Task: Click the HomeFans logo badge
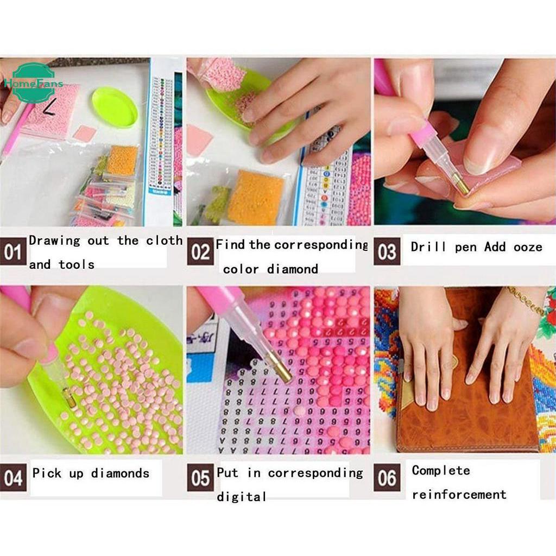click(x=33, y=83)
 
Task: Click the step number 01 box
click(x=13, y=253)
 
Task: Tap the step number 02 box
click(x=200, y=253)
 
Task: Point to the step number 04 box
click(x=13, y=479)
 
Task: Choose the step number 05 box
click(x=200, y=479)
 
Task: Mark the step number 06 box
click(x=387, y=479)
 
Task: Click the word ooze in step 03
click(x=528, y=248)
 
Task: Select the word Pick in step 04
click(x=43, y=473)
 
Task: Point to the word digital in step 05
click(x=242, y=497)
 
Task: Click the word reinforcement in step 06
click(x=459, y=495)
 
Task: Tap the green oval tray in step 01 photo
click(x=115, y=107)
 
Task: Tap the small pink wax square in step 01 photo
click(x=84, y=133)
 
